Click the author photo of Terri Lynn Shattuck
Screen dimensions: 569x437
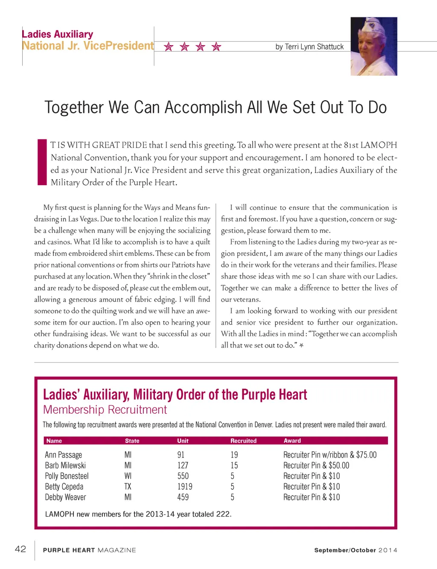click(x=374, y=46)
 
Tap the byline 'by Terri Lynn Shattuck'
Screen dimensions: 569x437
click(x=309, y=47)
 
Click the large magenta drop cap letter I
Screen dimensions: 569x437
click(x=42, y=162)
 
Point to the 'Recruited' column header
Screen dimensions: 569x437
click(x=243, y=441)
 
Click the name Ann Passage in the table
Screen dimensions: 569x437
click(x=63, y=455)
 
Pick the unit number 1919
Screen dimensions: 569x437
click(x=185, y=487)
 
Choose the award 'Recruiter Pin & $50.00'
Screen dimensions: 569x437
click(x=316, y=466)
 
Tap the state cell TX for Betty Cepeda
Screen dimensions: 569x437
click(x=128, y=487)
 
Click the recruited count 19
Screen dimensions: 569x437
click(x=234, y=455)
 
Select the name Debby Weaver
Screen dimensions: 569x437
click(x=65, y=497)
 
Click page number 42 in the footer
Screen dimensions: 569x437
click(x=20, y=549)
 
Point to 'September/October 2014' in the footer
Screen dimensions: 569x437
click(x=355, y=550)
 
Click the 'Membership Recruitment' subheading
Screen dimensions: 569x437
click(x=105, y=410)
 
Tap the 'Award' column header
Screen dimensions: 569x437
click(x=292, y=441)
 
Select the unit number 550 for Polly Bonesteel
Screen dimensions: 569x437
click(x=183, y=476)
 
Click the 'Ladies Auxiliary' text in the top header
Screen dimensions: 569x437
click(x=58, y=34)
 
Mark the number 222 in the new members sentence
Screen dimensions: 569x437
click(x=223, y=514)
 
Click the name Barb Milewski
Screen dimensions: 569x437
click(x=65, y=466)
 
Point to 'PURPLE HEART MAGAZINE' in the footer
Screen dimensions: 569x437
click(x=90, y=550)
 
